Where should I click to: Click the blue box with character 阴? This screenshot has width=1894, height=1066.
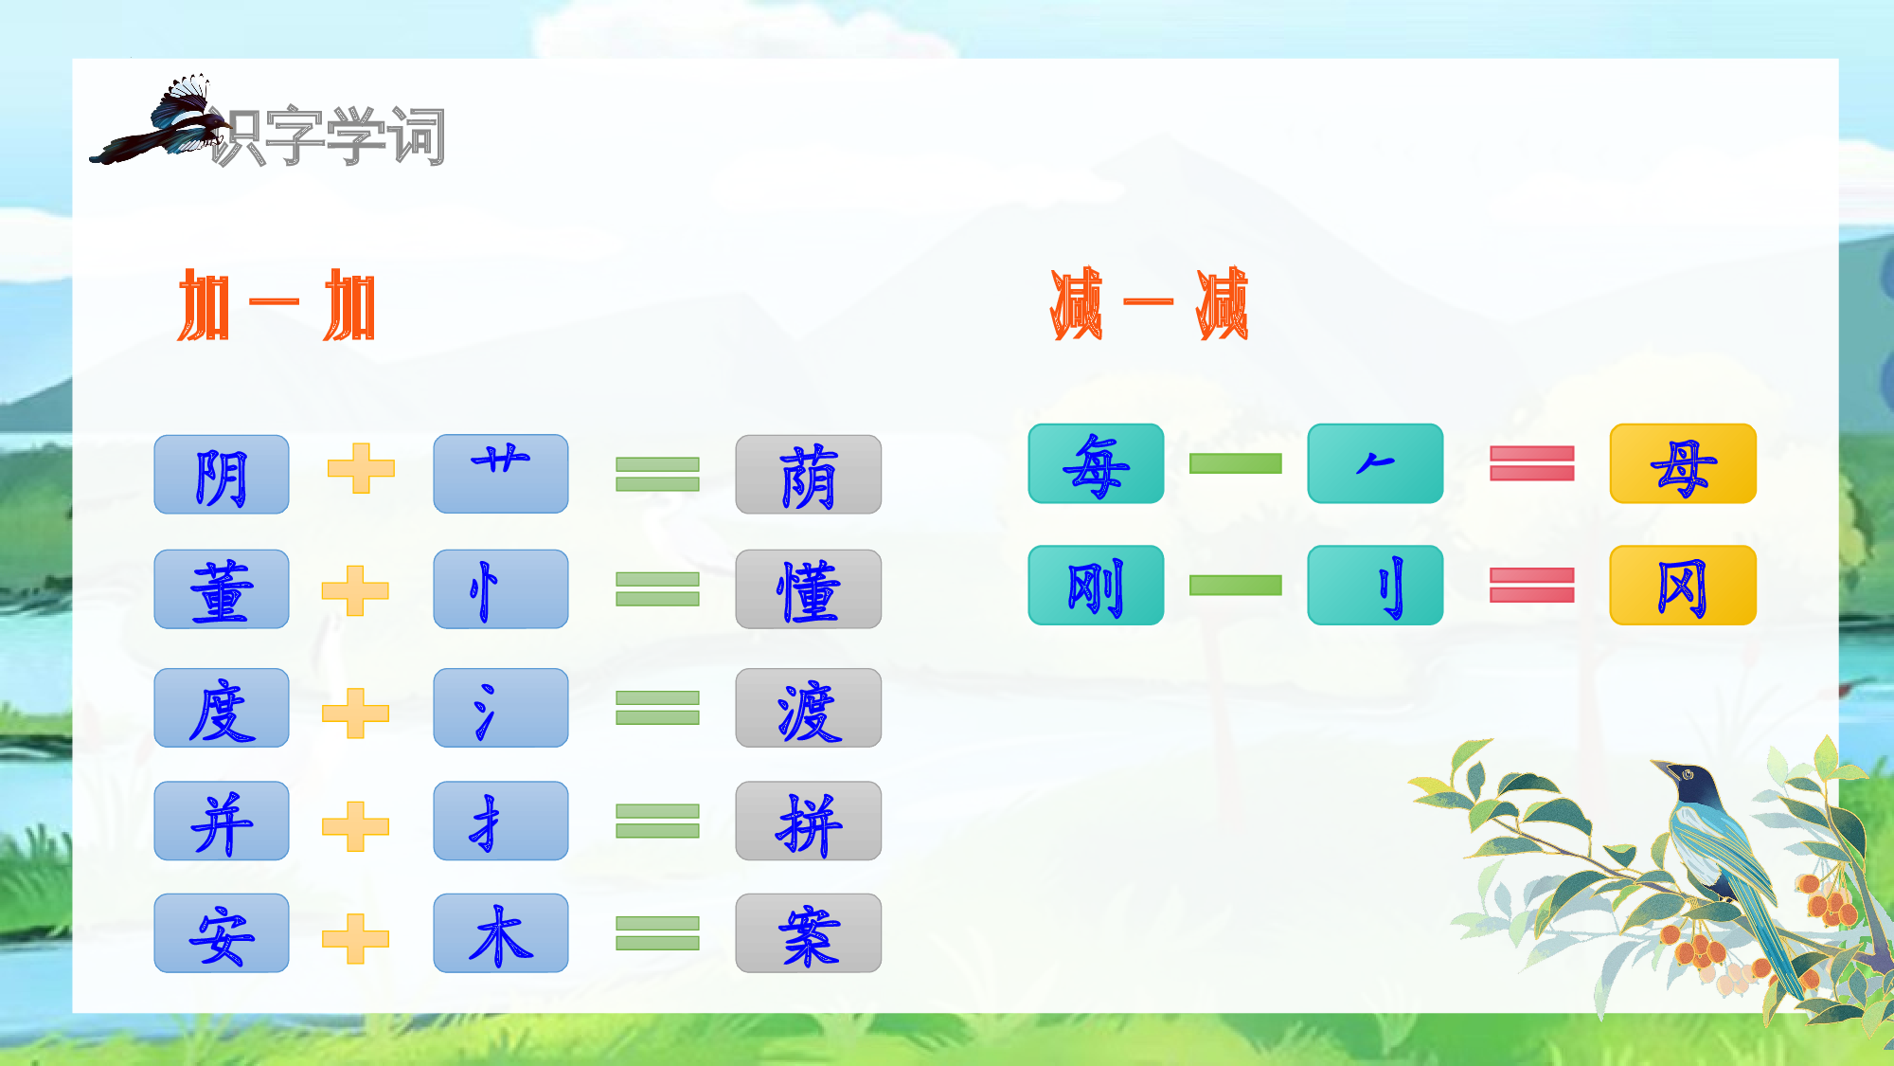coord(222,475)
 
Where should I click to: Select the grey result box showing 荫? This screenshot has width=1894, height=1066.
coord(808,475)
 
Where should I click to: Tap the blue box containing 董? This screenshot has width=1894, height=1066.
coord(222,589)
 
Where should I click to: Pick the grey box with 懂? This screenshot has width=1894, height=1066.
coord(808,589)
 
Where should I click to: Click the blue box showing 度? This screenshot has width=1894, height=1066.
coord(222,708)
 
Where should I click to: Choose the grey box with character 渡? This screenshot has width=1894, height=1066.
coord(808,708)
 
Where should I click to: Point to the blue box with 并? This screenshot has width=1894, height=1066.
coord(222,821)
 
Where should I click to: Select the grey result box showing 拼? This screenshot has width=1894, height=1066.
coord(808,821)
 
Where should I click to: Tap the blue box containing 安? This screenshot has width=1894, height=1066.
coord(222,933)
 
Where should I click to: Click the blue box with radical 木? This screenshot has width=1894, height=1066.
coord(501,933)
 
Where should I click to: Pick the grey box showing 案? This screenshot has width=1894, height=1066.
coord(808,933)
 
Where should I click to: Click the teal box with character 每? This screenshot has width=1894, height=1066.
coord(1096,463)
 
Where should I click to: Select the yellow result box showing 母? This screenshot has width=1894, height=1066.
coord(1683,463)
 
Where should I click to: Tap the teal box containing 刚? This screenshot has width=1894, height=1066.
coord(1096,585)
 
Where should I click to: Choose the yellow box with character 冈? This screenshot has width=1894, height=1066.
coord(1683,585)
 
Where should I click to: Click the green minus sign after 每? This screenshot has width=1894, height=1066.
coord(1235,463)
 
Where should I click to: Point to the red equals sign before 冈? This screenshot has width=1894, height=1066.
coord(1531,585)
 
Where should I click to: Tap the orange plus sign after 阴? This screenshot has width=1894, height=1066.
coord(361,468)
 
